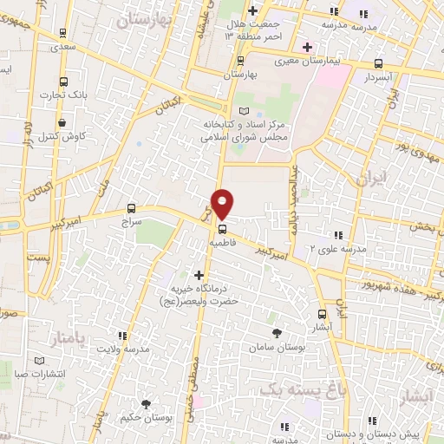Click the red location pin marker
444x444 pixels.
(223, 203)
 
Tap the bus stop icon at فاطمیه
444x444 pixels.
(223, 230)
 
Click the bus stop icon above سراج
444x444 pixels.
(132, 208)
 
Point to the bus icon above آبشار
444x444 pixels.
(323, 314)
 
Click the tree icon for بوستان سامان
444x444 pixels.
(277, 333)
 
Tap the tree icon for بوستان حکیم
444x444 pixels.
(146, 403)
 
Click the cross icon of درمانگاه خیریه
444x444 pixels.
(199, 274)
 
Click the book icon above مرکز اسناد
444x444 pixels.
(244, 111)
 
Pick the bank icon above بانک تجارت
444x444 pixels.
(62, 80)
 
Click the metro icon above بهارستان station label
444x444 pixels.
(240, 61)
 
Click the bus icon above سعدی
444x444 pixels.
(62, 33)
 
